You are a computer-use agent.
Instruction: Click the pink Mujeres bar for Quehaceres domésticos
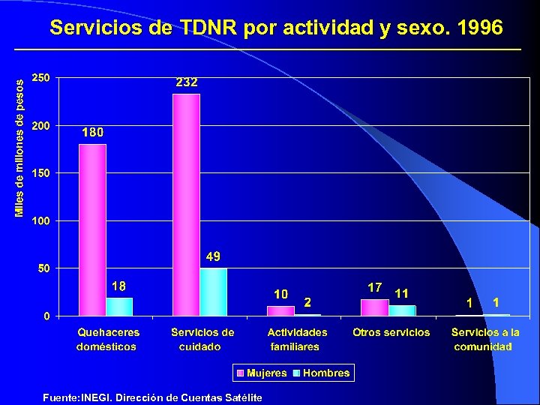[x=92, y=229]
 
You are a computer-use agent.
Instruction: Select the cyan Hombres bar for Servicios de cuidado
[x=213, y=292]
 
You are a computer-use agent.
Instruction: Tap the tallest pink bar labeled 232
[x=186, y=204]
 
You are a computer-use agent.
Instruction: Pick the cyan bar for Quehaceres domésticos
[x=118, y=306]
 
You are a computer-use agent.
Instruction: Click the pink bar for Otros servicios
[x=374, y=307]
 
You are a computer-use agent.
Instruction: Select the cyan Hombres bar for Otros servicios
[x=401, y=310]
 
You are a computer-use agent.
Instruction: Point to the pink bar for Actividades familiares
[x=280, y=310]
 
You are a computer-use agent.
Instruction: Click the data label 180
[x=92, y=132]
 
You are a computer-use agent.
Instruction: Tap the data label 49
[x=213, y=256]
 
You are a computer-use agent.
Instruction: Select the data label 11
[x=401, y=293]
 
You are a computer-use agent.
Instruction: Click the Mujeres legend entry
[x=262, y=373]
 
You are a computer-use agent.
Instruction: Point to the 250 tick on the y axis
[x=41, y=77]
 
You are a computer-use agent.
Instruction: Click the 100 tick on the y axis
[x=41, y=220]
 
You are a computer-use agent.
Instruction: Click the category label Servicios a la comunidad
[x=484, y=339]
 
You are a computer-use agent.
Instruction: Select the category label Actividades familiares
[x=297, y=339]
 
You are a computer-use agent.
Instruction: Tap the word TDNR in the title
[x=208, y=28]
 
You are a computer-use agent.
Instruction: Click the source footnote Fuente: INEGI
[x=152, y=397]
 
